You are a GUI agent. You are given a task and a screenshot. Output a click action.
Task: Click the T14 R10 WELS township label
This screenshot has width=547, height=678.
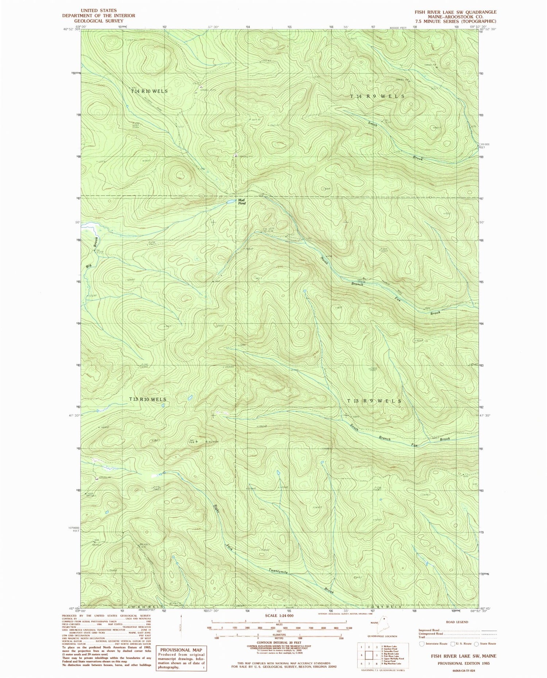[149, 91]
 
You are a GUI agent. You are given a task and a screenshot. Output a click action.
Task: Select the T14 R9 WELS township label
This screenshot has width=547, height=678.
[377, 96]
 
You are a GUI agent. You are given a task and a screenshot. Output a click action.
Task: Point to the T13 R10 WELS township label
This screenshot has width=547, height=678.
[148, 400]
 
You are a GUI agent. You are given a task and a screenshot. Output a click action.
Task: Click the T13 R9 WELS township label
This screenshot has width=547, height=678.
[374, 401]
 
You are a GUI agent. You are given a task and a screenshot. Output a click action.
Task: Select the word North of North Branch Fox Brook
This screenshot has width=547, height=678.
[324, 261]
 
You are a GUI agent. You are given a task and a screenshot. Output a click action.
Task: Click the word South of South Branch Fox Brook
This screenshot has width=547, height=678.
[354, 427]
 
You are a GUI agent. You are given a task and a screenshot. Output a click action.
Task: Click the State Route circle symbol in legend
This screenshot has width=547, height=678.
[476, 644]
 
